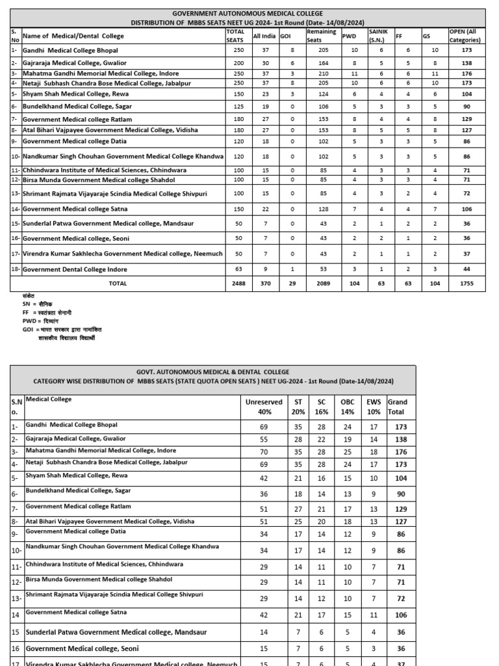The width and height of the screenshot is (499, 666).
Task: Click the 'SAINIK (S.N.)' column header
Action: [377, 36]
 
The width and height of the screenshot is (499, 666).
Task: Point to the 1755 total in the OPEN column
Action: [467, 284]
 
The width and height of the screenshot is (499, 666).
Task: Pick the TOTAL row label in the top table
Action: [118, 284]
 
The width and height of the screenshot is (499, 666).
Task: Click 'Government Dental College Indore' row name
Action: [75, 269]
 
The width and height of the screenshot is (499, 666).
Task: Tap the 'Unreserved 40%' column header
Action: [264, 407]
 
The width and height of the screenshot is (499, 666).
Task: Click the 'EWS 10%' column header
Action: [374, 407]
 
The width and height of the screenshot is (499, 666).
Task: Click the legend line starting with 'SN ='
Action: [37, 304]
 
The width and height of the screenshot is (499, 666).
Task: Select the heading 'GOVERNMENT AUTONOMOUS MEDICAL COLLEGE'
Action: [247, 14]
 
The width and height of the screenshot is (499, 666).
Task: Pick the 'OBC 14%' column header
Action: [348, 407]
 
